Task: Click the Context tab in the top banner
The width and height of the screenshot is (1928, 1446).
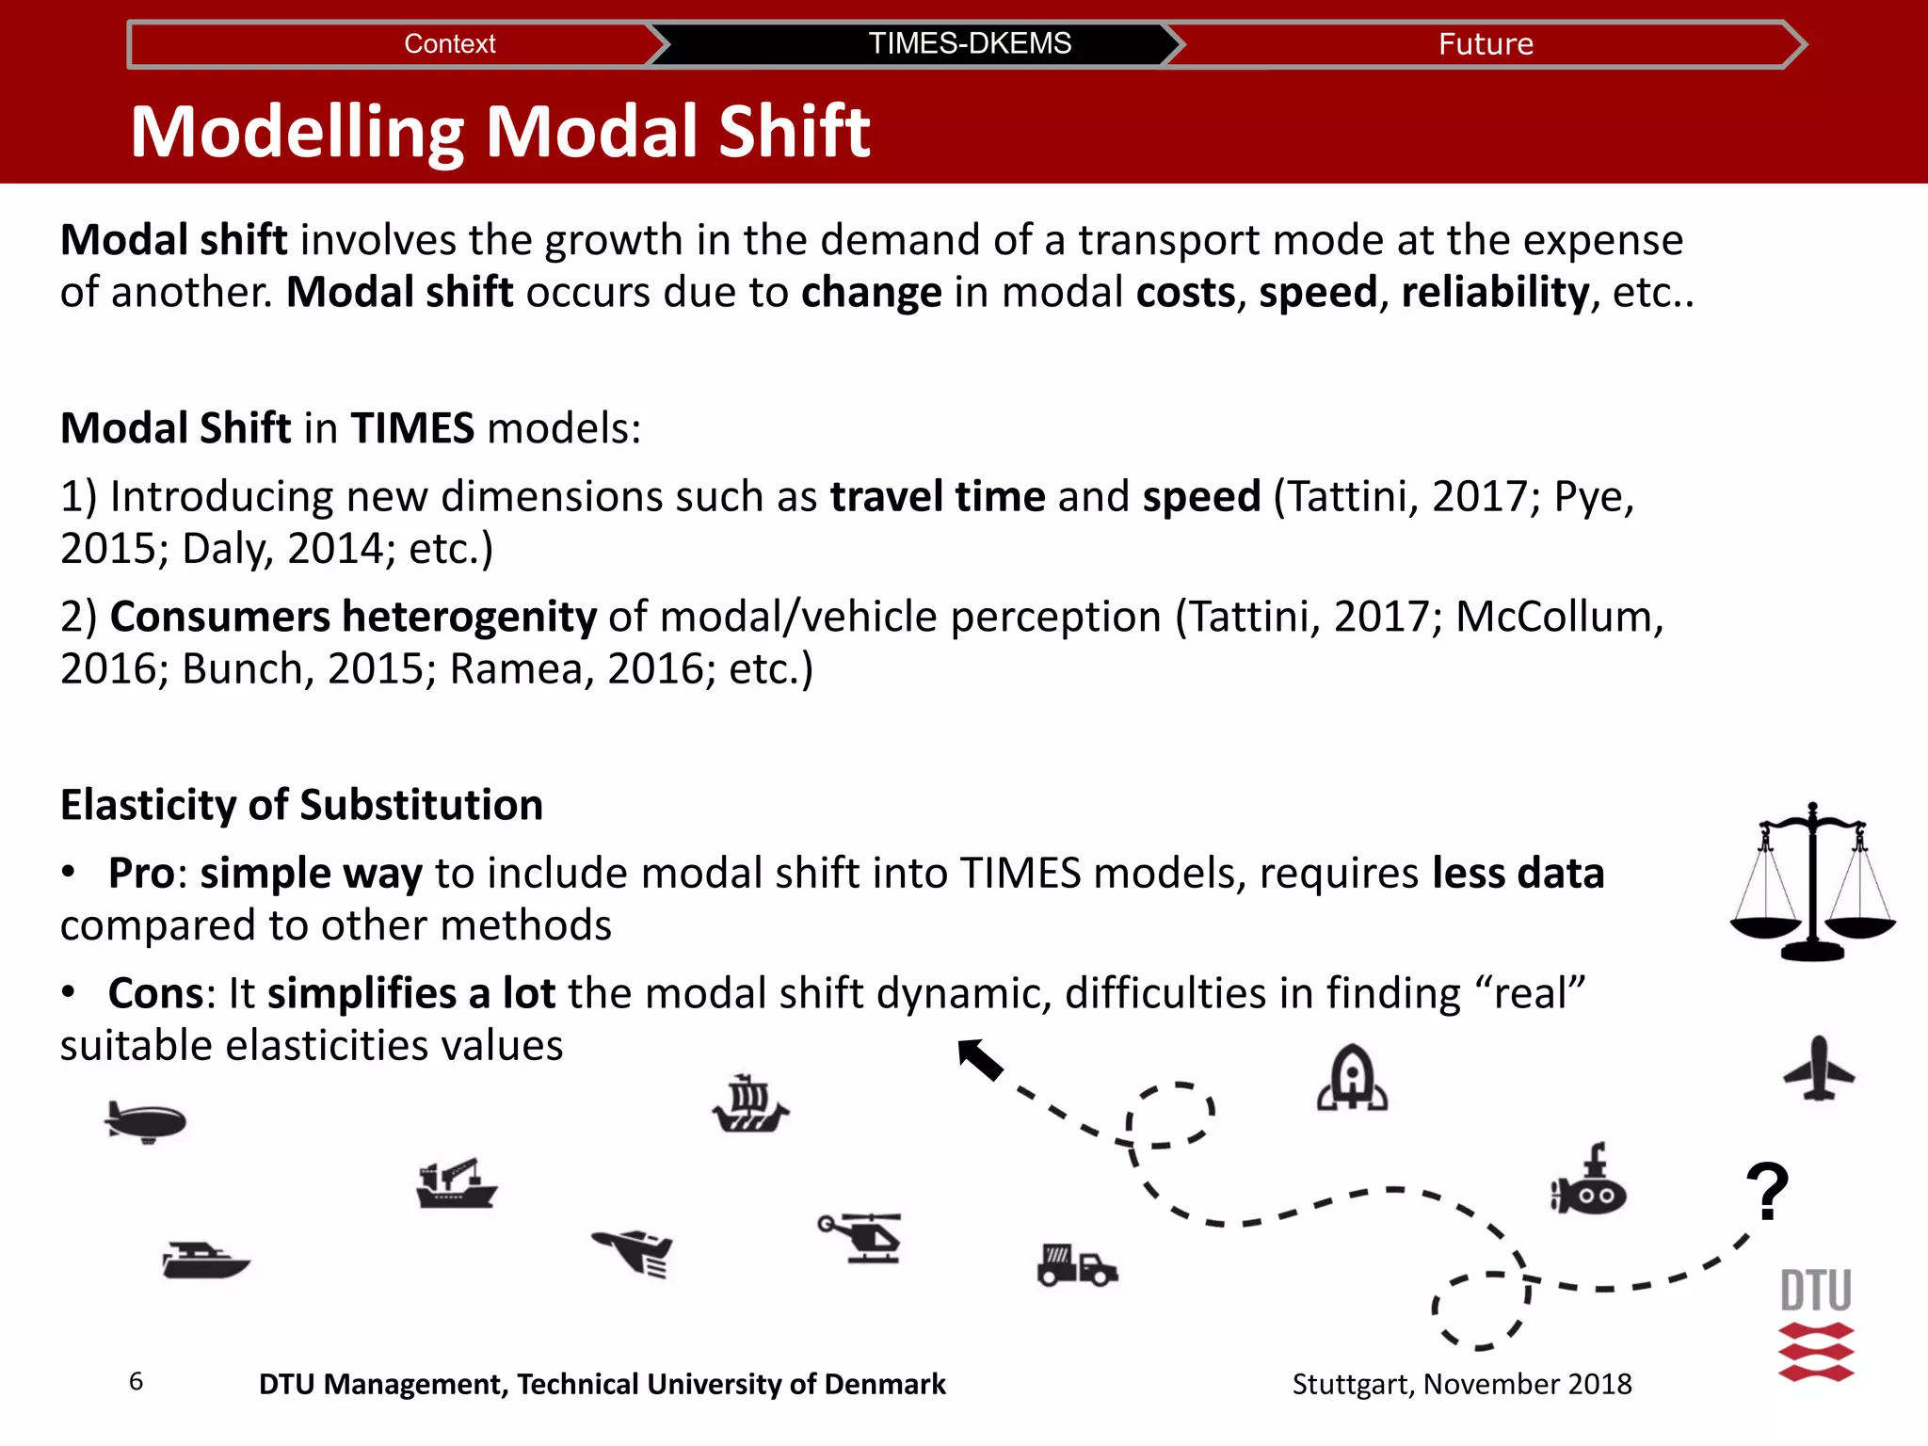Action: pyautogui.click(x=449, y=44)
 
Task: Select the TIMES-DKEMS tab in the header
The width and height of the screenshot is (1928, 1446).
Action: pyautogui.click(x=969, y=44)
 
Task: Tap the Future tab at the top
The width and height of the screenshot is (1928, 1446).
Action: pyautogui.click(x=1485, y=44)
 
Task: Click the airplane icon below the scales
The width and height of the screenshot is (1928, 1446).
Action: pyautogui.click(x=1819, y=1069)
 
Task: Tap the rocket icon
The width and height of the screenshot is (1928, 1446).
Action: pyautogui.click(x=1352, y=1079)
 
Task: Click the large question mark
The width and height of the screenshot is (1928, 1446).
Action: pyautogui.click(x=1767, y=1192)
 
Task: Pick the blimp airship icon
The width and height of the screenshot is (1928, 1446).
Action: pyautogui.click(x=146, y=1121)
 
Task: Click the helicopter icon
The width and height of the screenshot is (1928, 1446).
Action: pyautogui.click(x=861, y=1237)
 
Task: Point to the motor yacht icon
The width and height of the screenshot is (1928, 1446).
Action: pyautogui.click(x=205, y=1261)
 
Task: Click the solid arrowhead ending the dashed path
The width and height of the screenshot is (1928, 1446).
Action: pyautogui.click(x=979, y=1059)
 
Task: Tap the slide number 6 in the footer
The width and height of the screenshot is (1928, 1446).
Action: pyautogui.click(x=136, y=1381)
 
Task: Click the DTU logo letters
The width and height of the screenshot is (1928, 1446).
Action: pyautogui.click(x=1816, y=1291)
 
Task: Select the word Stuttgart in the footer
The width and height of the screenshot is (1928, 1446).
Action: pyautogui.click(x=1353, y=1384)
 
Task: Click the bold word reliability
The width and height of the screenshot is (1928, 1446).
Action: pyautogui.click(x=1495, y=292)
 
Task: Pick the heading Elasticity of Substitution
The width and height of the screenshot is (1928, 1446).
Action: pyautogui.click(x=301, y=805)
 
